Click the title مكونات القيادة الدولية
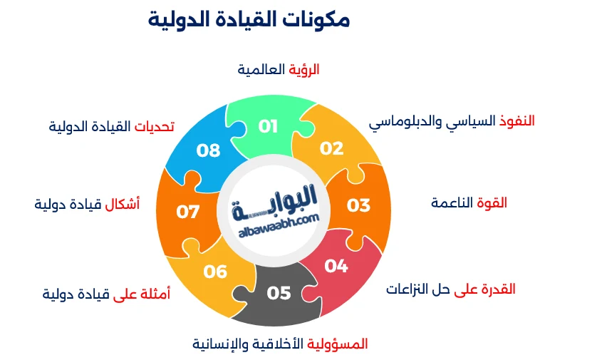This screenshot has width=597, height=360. click(x=249, y=19)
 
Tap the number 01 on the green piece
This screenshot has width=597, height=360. click(x=268, y=127)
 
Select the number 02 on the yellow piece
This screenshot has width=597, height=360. click(x=331, y=148)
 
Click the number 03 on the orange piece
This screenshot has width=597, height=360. click(x=358, y=205)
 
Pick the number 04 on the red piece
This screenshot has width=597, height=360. click(x=336, y=266)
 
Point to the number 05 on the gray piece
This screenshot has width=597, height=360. click(x=279, y=293)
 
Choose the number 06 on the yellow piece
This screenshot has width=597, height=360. click(x=215, y=272)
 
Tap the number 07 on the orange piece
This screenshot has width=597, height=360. click(x=188, y=212)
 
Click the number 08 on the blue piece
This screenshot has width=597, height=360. click(x=209, y=150)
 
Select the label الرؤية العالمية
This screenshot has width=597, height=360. click(x=278, y=69)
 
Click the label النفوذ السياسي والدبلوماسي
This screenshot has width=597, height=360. click(x=452, y=121)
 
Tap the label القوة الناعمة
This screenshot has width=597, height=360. click(x=469, y=203)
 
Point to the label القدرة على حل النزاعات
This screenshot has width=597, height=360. click(x=450, y=289)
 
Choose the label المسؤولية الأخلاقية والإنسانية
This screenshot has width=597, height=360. click(x=280, y=344)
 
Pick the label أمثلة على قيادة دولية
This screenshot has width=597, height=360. click(x=106, y=294)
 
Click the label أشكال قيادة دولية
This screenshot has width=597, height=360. click(x=87, y=205)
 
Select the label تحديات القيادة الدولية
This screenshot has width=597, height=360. click(x=112, y=127)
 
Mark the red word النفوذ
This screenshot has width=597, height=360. click(x=515, y=120)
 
